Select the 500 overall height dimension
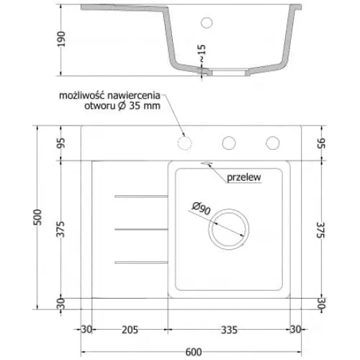coord(39,217)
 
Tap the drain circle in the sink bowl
coord(229,230)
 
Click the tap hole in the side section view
coord(208,22)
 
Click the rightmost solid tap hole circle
coord(273,142)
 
